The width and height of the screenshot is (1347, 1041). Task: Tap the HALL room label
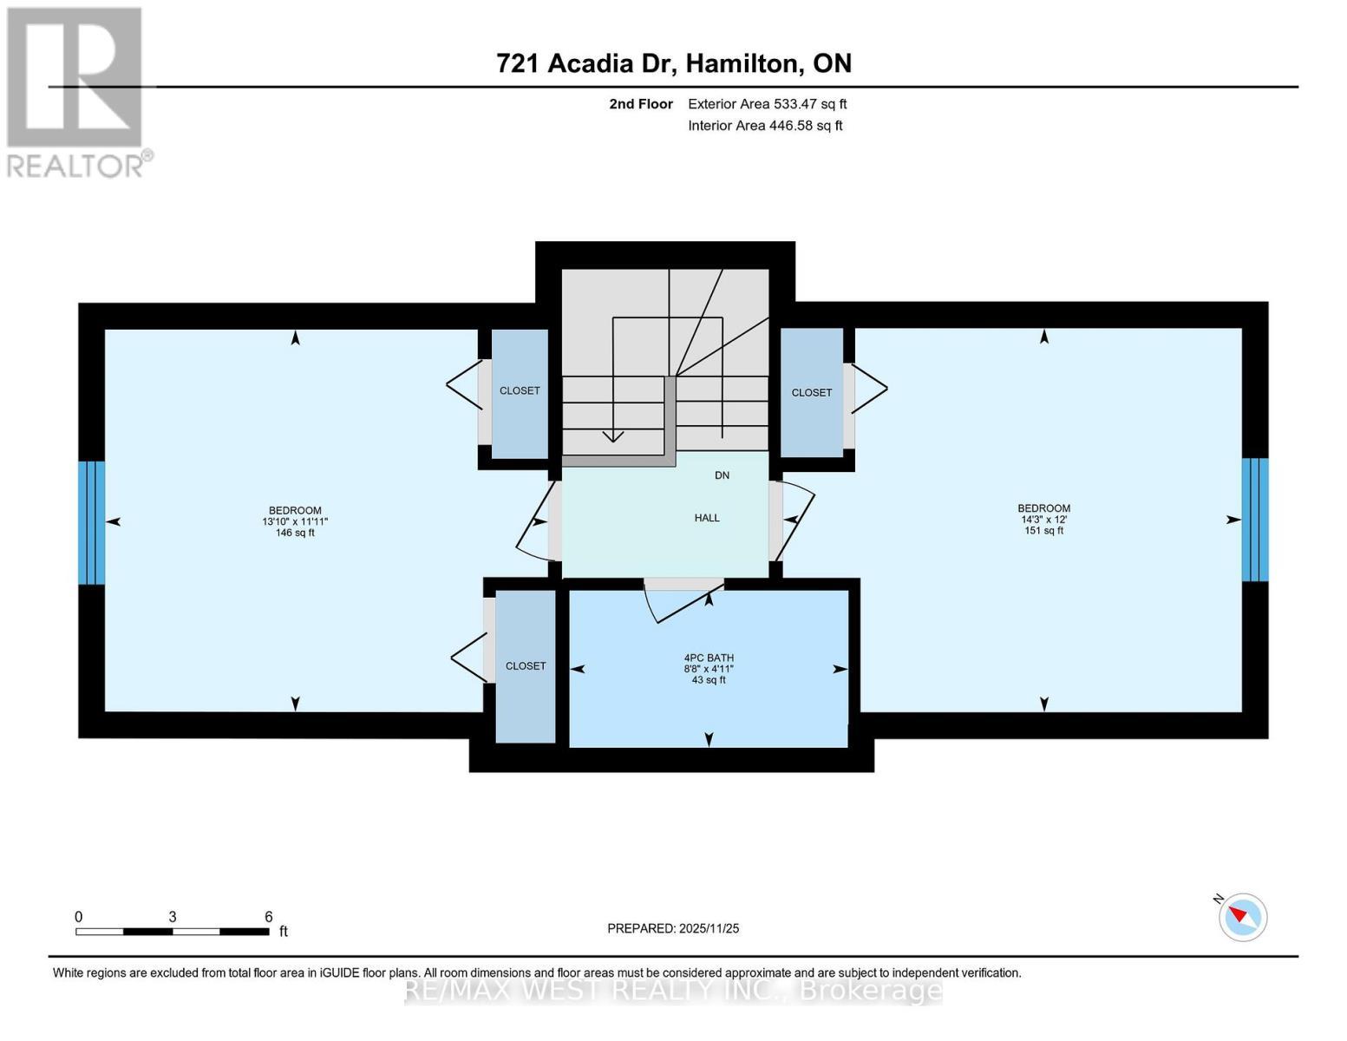point(707,518)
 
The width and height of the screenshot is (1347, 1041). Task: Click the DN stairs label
point(722,475)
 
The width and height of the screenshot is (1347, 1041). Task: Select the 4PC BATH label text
point(709,658)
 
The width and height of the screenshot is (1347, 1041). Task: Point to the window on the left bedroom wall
point(92,522)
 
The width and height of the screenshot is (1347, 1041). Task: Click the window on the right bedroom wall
point(1255,520)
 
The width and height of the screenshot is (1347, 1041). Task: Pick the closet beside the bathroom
point(526,666)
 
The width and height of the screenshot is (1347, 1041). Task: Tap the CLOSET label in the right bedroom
point(812,393)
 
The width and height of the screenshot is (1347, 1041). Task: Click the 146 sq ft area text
point(295,533)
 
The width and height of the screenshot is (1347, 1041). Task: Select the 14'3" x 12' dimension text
point(1043,520)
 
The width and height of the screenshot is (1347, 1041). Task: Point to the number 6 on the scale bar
point(269,917)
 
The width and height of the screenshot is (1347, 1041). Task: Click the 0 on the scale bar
point(79,917)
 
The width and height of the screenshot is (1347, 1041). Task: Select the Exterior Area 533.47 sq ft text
point(767,104)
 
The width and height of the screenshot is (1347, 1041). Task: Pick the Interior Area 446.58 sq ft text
point(765,126)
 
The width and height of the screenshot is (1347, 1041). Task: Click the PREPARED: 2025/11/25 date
point(673,928)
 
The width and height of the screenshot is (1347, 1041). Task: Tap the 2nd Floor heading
point(641,104)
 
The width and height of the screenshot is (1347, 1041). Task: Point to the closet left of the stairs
point(520,391)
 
